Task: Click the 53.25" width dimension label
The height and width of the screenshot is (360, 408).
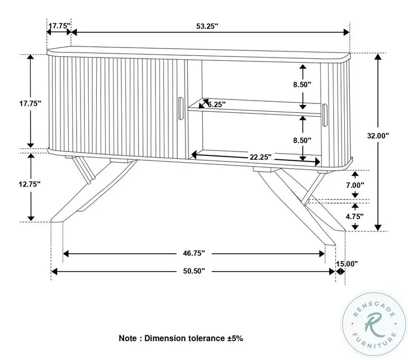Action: pyautogui.click(x=207, y=26)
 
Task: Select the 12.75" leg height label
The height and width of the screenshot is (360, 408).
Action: pyautogui.click(x=30, y=183)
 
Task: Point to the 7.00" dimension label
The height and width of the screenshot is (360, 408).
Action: pyautogui.click(x=354, y=184)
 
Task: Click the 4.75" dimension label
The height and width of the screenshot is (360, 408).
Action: pyautogui.click(x=354, y=215)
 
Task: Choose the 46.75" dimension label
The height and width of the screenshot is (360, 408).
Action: pyautogui.click(x=194, y=253)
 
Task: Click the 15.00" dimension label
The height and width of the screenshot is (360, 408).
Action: pyautogui.click(x=347, y=264)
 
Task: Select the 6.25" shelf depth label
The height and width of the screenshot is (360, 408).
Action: pyautogui.click(x=216, y=104)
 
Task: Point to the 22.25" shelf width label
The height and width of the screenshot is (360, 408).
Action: pyautogui.click(x=260, y=158)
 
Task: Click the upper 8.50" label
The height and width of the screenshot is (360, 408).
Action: pyautogui.click(x=302, y=84)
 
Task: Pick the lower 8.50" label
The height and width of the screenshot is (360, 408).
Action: pyautogui.click(x=302, y=140)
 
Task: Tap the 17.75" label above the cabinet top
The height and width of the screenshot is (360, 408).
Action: pyautogui.click(x=58, y=26)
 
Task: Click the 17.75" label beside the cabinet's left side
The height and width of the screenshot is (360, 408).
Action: pyautogui.click(x=30, y=104)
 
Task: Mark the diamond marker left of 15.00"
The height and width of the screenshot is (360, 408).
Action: pyautogui.click(x=339, y=271)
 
